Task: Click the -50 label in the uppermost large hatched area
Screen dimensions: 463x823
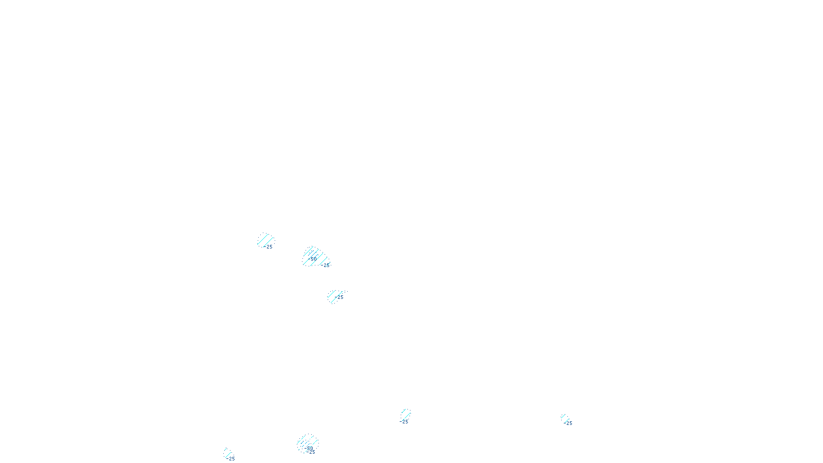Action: click(313, 259)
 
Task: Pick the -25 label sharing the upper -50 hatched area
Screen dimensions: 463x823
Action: click(326, 265)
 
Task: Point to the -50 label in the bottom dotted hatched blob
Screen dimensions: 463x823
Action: click(309, 448)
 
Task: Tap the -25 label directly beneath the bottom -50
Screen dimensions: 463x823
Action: click(311, 452)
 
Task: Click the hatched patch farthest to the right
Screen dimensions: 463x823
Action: click(565, 418)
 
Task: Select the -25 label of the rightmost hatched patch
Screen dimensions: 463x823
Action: click(568, 423)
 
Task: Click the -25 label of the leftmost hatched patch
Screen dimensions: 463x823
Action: click(231, 459)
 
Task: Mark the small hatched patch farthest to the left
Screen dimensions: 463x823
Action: click(228, 453)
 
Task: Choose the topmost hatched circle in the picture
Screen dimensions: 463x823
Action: click(265, 240)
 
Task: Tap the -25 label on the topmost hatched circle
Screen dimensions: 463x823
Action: click(269, 247)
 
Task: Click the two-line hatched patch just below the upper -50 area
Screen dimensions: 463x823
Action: click(334, 296)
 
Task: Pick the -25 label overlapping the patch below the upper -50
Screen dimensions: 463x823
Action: click(340, 297)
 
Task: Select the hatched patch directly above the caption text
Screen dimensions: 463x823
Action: click(406, 414)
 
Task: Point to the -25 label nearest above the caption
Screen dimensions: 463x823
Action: click(405, 422)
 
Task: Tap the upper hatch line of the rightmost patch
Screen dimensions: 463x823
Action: click(564, 416)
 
